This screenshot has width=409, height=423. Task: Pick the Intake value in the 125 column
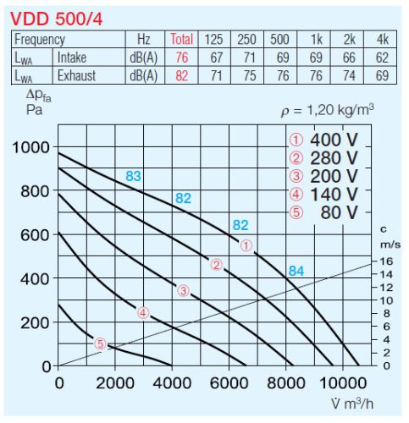(x=214, y=57)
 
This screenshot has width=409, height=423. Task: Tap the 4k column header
(x=382, y=40)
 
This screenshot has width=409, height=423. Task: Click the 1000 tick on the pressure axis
(x=30, y=148)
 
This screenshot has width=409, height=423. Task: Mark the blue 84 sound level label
(x=296, y=271)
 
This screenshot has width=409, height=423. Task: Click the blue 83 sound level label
(x=133, y=176)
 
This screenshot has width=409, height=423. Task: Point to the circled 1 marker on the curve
(x=246, y=246)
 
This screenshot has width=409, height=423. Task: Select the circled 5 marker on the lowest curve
(x=101, y=343)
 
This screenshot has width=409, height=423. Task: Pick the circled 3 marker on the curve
(x=183, y=291)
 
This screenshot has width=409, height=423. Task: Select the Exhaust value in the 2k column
(x=349, y=74)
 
